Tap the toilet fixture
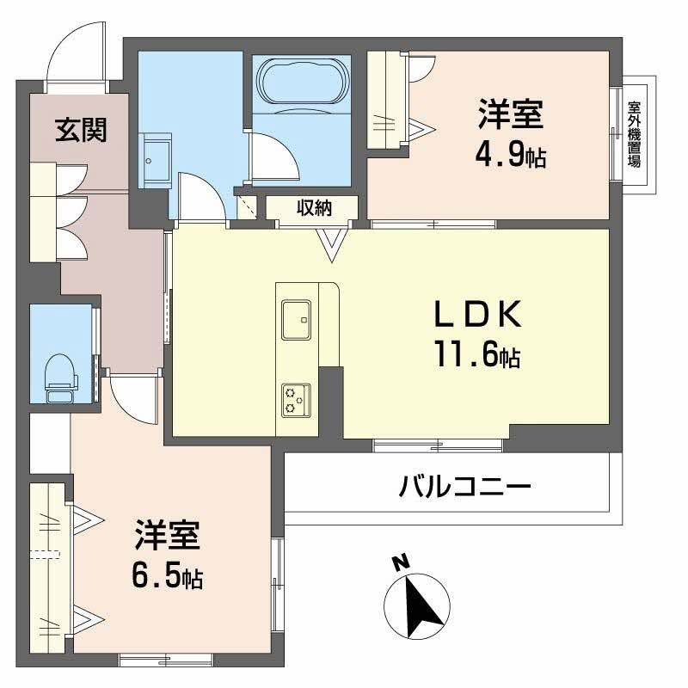pyautogui.click(x=59, y=375)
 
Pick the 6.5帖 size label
pyautogui.click(x=168, y=577)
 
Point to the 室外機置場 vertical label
pyautogui.click(x=635, y=133)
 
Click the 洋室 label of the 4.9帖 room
pyautogui.click(x=511, y=115)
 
